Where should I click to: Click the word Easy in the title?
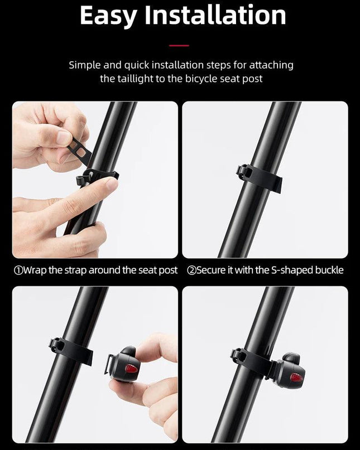[x=108, y=16]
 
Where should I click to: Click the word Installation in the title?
[x=215, y=15]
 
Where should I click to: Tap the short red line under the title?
[x=179, y=46]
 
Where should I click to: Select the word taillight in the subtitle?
[x=135, y=79]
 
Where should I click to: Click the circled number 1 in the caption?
[x=18, y=270]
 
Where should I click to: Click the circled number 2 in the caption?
[x=191, y=270]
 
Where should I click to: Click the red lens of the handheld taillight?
[x=131, y=369]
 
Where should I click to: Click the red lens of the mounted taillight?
[x=296, y=377]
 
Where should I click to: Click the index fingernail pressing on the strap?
[x=112, y=183]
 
